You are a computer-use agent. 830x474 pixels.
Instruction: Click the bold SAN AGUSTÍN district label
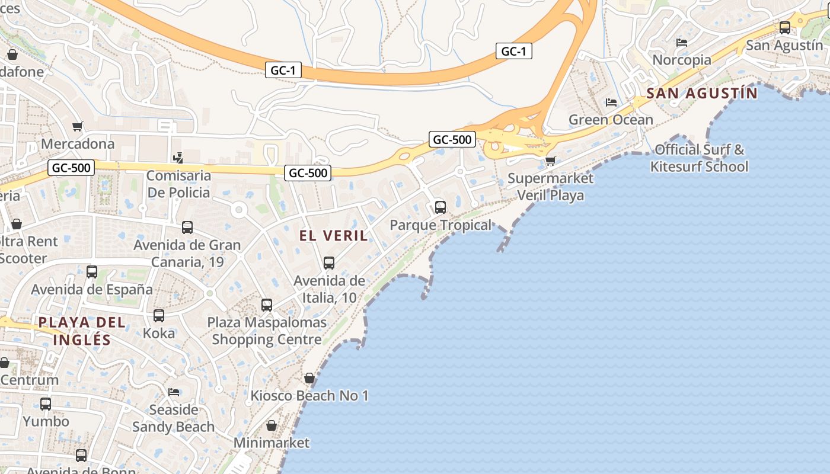[702, 93]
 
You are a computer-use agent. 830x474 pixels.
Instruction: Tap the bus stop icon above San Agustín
[784, 27]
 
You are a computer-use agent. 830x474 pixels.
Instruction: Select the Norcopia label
[682, 60]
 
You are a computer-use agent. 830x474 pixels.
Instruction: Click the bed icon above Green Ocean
[611, 103]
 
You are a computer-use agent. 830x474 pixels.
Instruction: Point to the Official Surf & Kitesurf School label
[699, 158]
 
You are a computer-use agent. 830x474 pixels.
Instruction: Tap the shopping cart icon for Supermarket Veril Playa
[551, 161]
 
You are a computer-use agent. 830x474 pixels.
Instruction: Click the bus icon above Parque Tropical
[440, 207]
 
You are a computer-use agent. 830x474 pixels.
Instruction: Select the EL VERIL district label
[333, 236]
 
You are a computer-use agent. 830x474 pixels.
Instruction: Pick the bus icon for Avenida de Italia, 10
[329, 262]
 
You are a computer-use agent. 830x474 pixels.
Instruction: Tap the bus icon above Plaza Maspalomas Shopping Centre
[267, 305]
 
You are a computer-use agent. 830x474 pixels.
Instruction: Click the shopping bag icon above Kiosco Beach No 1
[309, 378]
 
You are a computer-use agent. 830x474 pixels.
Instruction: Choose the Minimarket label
[272, 443]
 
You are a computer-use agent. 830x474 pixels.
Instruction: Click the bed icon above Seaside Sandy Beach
[174, 392]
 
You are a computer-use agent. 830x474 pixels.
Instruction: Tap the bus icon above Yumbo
[46, 404]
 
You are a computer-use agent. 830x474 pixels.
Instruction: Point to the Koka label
[159, 333]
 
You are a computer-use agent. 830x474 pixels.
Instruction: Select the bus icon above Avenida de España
[92, 272]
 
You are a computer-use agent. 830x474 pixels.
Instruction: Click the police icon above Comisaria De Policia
[178, 158]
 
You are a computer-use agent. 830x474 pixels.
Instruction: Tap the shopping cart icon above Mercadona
[77, 126]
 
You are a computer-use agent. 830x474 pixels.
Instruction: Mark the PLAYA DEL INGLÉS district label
[82, 331]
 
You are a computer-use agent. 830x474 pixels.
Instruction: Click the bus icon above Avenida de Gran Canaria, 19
[187, 228]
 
